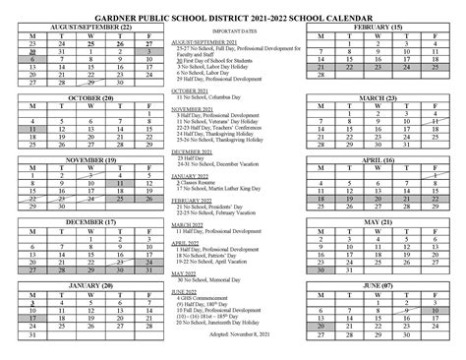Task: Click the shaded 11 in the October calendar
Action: coord(32,129)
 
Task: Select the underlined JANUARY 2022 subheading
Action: coord(194,173)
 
